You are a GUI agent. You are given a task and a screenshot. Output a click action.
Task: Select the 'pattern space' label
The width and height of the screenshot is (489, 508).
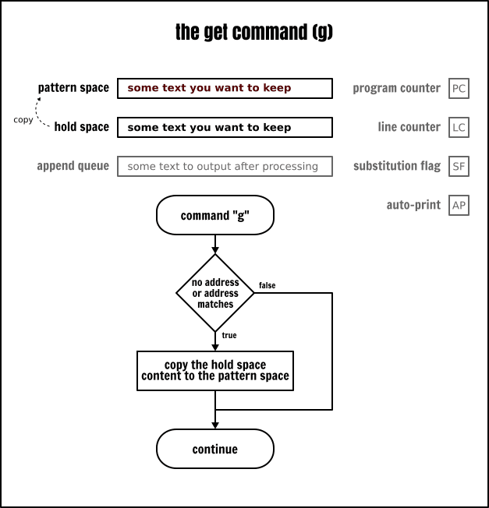73,88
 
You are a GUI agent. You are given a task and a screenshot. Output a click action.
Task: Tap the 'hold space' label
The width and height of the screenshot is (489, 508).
81,127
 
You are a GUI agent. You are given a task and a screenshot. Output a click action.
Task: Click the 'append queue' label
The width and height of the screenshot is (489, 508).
73,166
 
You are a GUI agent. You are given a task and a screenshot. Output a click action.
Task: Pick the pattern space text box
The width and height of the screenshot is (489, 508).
225,88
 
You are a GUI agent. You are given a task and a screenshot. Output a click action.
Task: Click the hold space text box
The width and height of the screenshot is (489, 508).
225,127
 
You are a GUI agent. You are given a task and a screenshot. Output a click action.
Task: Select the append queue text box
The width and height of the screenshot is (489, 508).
225,166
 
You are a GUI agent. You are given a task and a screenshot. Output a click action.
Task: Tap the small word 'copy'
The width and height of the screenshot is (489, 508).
23,120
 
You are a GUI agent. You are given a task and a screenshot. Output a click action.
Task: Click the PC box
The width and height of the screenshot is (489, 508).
459,88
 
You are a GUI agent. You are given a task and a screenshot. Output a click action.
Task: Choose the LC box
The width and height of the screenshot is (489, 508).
459,127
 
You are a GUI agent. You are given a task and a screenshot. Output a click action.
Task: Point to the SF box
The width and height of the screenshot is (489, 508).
459,166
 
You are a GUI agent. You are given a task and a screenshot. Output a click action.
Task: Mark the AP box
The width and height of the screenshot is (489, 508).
459,206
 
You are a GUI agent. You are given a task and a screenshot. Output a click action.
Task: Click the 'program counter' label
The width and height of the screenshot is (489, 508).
396,88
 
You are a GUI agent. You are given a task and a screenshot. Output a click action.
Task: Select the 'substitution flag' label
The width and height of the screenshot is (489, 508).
396,166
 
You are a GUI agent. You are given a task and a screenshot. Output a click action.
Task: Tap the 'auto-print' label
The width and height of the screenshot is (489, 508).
413,206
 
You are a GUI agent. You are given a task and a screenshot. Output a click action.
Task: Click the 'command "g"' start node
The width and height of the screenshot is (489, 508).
215,216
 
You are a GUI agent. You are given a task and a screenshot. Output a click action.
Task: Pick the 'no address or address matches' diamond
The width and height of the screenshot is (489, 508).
215,293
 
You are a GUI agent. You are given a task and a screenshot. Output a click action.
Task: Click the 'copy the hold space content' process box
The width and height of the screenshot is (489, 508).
215,370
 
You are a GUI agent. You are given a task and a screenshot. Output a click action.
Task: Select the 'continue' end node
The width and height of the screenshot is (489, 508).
215,450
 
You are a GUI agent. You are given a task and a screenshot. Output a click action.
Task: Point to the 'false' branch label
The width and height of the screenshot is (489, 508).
267,286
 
